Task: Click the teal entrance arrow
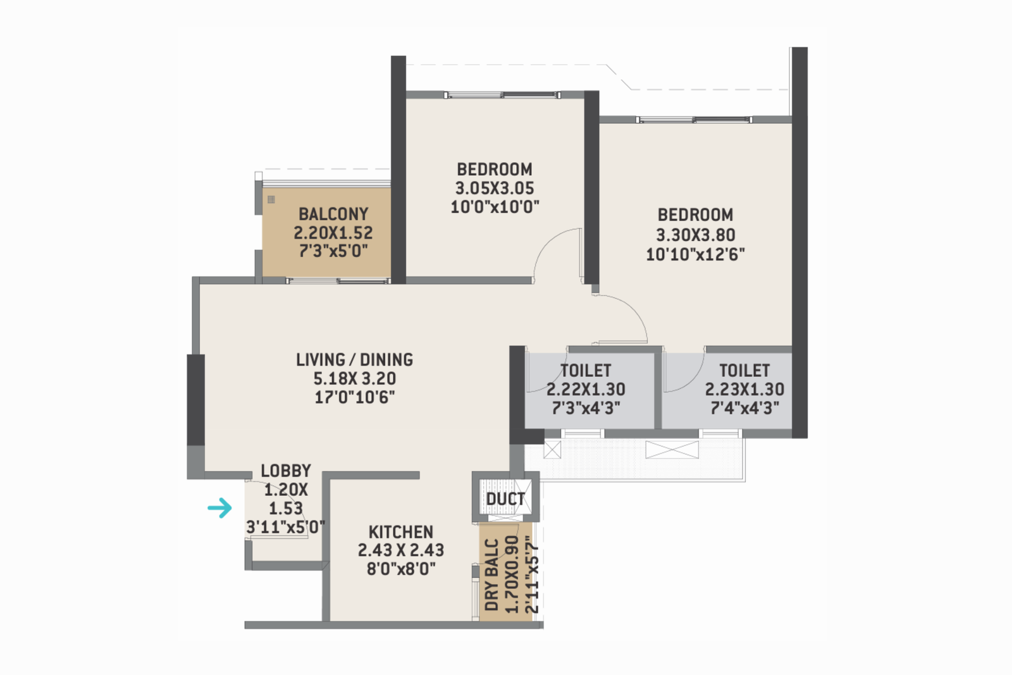(x=220, y=507)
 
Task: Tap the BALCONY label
(x=333, y=214)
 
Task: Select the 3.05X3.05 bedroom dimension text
(x=495, y=188)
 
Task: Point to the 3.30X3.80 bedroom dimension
(x=695, y=235)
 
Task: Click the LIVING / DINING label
(x=354, y=359)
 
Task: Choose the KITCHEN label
(x=401, y=531)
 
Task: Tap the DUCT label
(x=505, y=499)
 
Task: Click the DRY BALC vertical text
(x=491, y=574)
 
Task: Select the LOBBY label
(x=286, y=471)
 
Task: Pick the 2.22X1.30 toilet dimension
(x=586, y=389)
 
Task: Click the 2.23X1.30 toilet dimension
(x=744, y=389)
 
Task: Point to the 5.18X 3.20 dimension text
(x=354, y=378)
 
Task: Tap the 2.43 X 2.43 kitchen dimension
(x=401, y=550)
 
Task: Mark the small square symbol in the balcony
(x=271, y=199)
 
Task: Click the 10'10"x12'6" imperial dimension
(x=695, y=254)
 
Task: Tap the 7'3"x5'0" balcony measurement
(x=333, y=251)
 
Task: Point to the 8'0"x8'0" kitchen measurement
(x=401, y=568)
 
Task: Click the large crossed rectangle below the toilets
(x=672, y=449)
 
